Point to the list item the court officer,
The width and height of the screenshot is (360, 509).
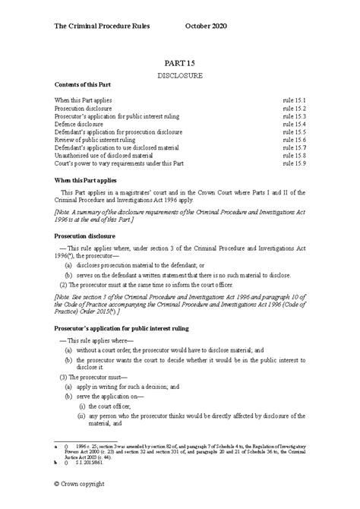[106, 404]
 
